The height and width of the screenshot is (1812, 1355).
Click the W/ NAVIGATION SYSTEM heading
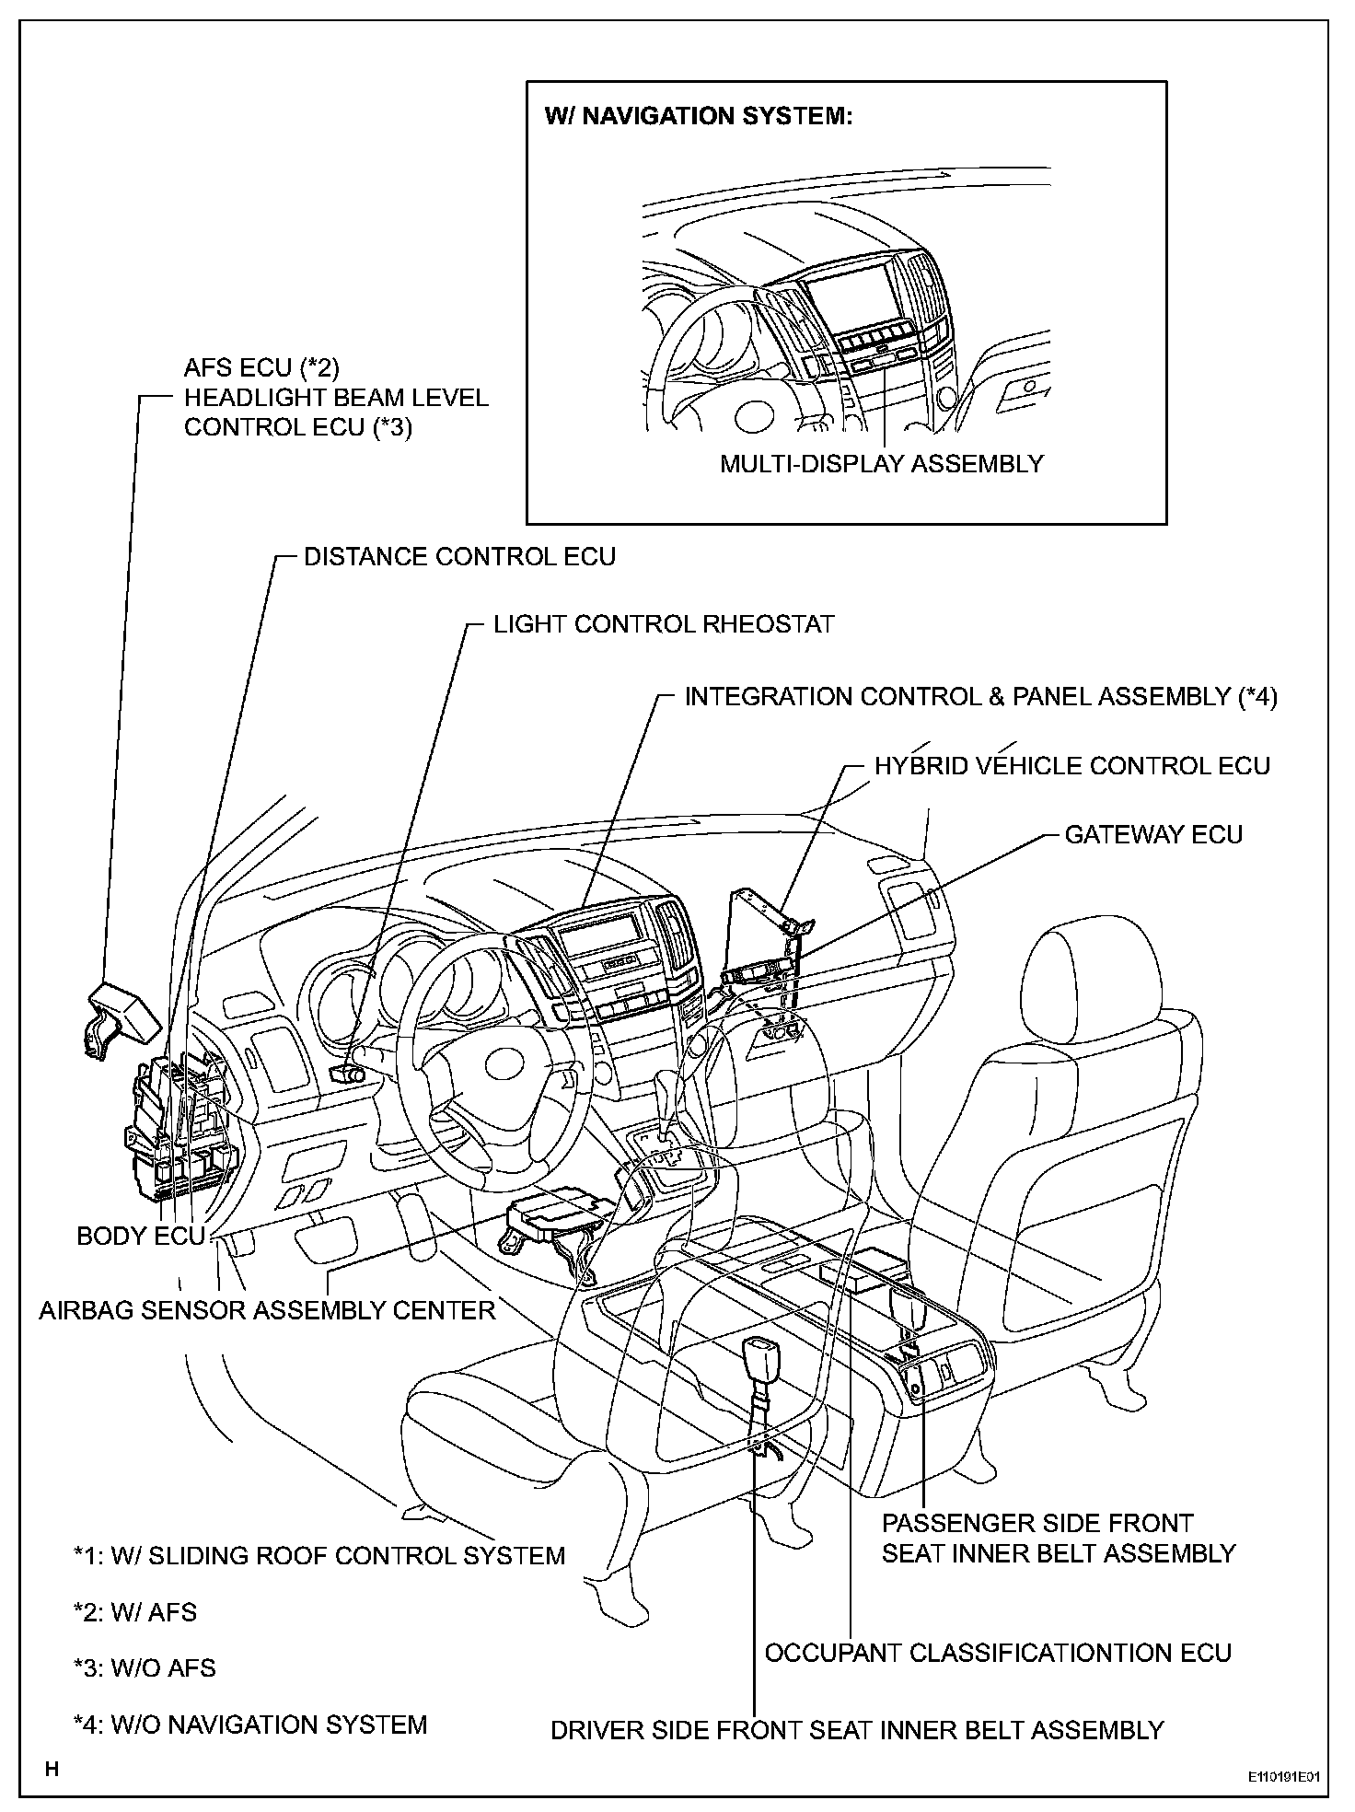coord(699,116)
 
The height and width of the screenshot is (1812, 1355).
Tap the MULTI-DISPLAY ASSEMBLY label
coord(882,463)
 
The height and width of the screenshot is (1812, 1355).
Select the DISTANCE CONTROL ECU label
coord(459,557)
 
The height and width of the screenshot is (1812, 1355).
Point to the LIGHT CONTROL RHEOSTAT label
coord(663,624)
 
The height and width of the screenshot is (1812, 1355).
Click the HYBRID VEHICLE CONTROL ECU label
coord(1071,766)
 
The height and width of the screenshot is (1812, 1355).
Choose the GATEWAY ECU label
coord(1153,835)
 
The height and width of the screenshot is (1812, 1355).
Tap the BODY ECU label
coord(140,1236)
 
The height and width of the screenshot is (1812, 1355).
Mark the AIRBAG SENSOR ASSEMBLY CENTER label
coord(267,1310)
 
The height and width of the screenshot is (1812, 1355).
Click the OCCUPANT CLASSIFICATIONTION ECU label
coord(998,1653)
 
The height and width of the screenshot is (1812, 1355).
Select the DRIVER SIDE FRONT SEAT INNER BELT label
coord(857,1730)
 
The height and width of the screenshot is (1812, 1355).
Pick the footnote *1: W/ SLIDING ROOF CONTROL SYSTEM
coord(319,1556)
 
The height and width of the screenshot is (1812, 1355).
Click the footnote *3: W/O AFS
coord(145,1667)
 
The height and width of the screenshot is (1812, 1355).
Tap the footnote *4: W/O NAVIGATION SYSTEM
coord(250,1725)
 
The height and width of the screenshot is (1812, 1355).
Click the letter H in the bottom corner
coord(52,1770)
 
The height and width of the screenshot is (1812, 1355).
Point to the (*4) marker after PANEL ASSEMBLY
coord(1257,697)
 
